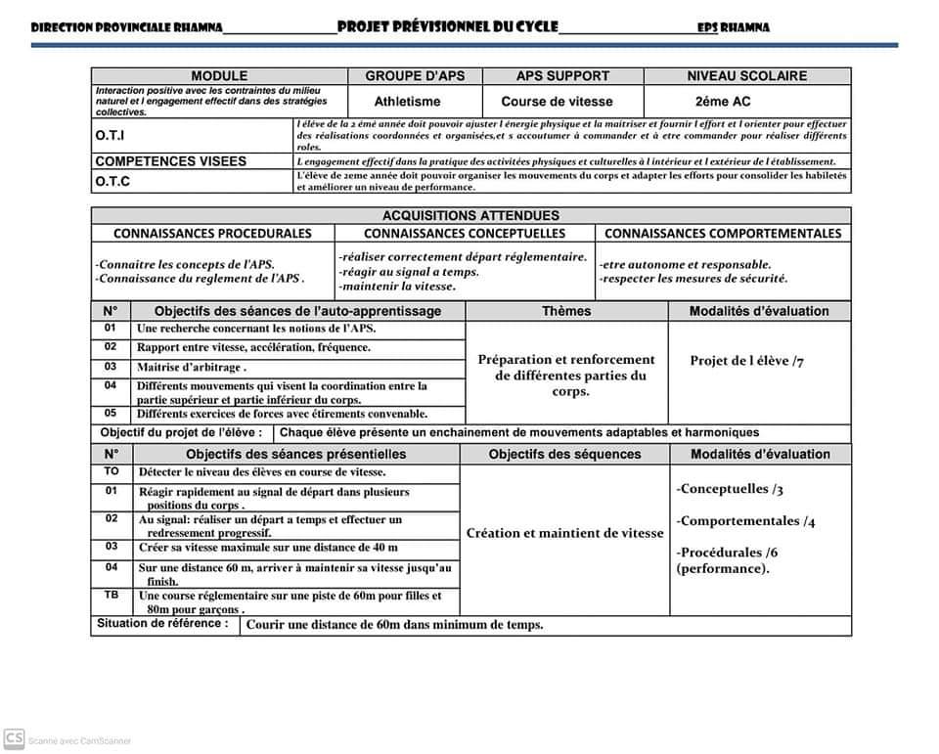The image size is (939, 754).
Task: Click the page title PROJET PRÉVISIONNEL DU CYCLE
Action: click(x=447, y=26)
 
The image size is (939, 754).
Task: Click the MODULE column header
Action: click(x=219, y=76)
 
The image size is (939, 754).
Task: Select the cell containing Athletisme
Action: click(x=408, y=102)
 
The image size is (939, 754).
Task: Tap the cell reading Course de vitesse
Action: click(x=557, y=102)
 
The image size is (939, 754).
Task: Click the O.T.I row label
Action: click(x=110, y=135)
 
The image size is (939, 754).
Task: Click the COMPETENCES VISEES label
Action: click(x=171, y=161)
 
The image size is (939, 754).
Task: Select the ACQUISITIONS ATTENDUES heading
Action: click(x=470, y=216)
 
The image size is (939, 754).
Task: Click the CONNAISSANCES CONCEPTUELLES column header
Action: click(x=465, y=234)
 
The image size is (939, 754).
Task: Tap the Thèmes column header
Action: click(x=566, y=311)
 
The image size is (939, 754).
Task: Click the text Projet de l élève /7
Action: click(x=746, y=361)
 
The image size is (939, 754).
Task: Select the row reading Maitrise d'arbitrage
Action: click(x=192, y=368)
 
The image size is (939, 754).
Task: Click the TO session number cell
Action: click(x=112, y=471)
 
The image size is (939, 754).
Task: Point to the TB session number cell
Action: click(x=112, y=595)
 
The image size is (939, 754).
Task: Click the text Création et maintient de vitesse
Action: click(x=564, y=534)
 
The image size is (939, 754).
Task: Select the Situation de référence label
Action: click(x=162, y=624)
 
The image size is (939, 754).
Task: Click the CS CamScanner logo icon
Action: click(x=14, y=738)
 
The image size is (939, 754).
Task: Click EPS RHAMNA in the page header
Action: click(x=733, y=28)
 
